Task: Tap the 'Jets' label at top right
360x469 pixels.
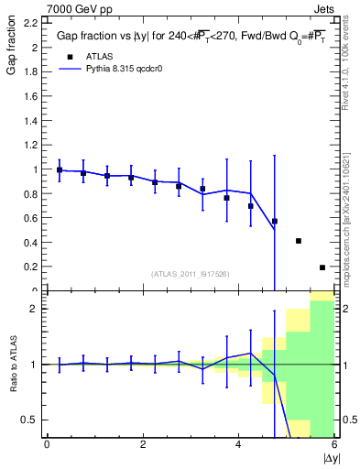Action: (x=323, y=8)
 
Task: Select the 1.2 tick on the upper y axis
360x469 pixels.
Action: (x=32, y=145)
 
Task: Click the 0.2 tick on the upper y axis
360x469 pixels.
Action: (x=32, y=267)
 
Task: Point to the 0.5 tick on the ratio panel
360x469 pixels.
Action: (x=30, y=420)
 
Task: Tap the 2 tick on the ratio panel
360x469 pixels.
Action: (x=35, y=309)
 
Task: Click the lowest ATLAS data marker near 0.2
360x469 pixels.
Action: (x=322, y=267)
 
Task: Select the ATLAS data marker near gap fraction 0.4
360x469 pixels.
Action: (x=299, y=241)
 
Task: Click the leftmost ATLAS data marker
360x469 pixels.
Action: (x=60, y=169)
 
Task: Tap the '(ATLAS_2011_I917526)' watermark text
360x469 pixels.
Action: (x=190, y=274)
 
